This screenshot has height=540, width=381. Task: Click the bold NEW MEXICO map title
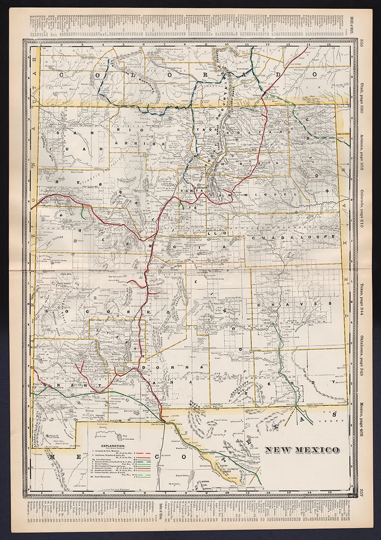302,450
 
